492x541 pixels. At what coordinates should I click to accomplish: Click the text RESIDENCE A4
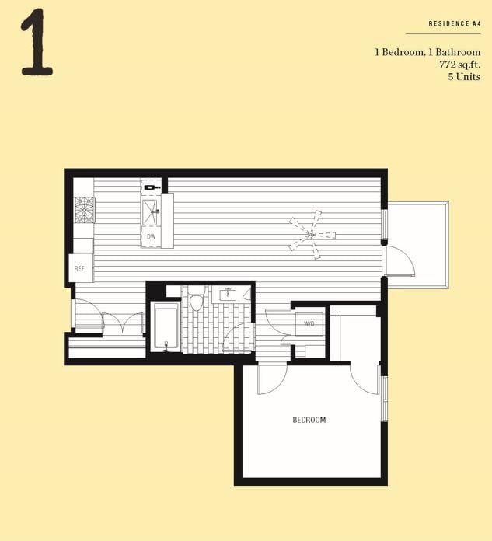tap(455, 24)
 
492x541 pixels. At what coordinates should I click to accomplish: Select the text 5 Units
tap(464, 77)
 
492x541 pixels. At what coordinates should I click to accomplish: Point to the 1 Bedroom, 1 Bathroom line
tap(427, 52)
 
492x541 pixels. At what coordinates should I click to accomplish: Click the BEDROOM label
tap(309, 421)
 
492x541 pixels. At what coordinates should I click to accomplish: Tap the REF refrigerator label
tap(79, 268)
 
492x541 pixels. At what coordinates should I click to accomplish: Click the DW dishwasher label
tap(151, 236)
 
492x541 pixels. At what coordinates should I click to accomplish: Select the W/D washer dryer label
tap(309, 323)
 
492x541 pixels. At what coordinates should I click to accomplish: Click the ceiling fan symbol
tap(311, 233)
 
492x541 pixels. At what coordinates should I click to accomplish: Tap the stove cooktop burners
tap(84, 210)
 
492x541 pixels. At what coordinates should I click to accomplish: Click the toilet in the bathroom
tap(197, 300)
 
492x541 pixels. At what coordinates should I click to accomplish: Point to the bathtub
tap(166, 327)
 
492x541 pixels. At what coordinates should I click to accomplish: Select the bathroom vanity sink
tap(229, 294)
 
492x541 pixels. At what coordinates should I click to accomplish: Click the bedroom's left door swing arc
tap(271, 379)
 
